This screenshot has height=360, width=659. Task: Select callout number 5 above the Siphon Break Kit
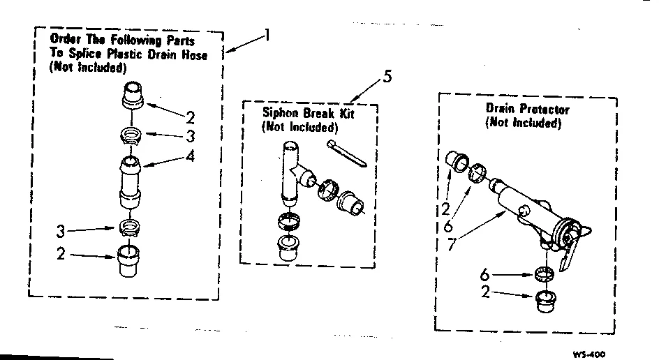(x=387, y=76)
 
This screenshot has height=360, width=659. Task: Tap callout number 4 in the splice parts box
(x=191, y=157)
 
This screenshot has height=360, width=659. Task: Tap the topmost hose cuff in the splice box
(x=132, y=94)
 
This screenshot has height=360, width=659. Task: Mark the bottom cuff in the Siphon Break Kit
(x=288, y=247)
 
